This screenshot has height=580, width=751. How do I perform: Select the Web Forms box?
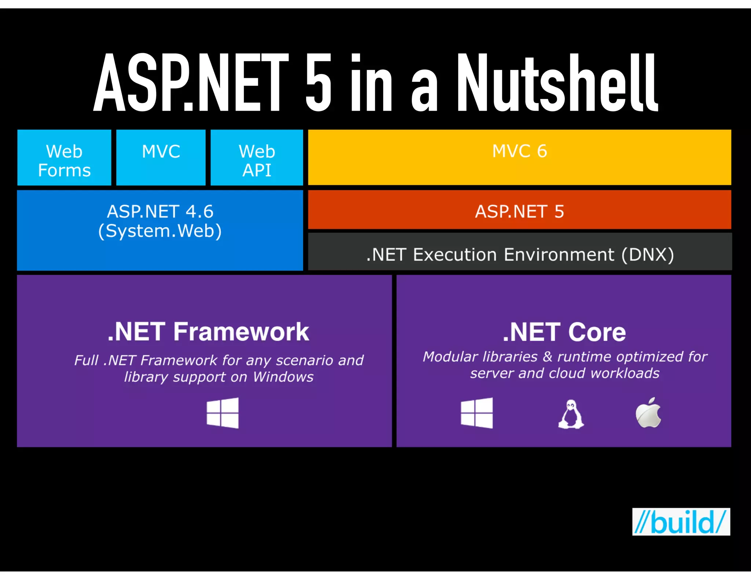coord(64,158)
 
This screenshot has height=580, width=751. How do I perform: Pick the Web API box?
coord(257,158)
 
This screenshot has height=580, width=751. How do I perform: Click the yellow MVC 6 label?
coord(519,151)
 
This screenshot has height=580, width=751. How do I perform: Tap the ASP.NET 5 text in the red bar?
coord(519,212)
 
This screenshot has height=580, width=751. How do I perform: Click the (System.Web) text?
coord(160,231)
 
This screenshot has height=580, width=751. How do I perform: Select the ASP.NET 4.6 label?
coord(160,212)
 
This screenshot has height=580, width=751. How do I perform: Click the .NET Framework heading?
coord(208,332)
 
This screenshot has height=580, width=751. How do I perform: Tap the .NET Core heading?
coord(564,332)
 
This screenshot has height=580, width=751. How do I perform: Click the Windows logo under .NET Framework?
coord(223,413)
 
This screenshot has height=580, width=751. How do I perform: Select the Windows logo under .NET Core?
coord(477,413)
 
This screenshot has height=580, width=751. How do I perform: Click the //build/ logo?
coord(681,522)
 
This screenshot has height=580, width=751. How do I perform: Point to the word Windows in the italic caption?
coord(283,377)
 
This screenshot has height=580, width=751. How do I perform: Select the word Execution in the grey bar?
coord(455,254)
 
